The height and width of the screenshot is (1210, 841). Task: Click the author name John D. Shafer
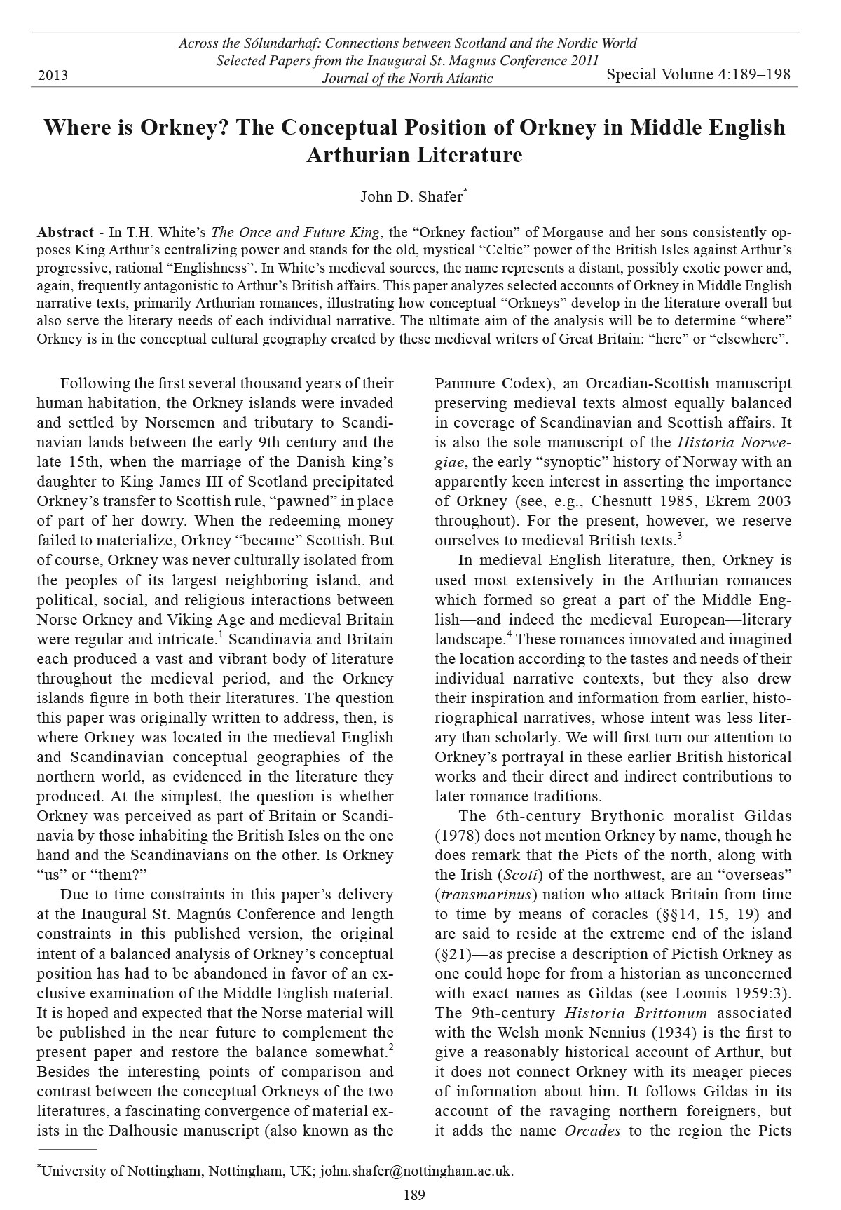pyautogui.click(x=411, y=196)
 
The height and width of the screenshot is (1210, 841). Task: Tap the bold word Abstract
pyautogui.click(x=65, y=233)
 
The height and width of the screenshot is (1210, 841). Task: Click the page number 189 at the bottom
pyautogui.click(x=414, y=1195)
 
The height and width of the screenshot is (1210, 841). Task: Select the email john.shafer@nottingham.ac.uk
pyautogui.click(x=416, y=1170)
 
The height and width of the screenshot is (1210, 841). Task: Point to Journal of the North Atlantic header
pyautogui.click(x=407, y=79)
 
